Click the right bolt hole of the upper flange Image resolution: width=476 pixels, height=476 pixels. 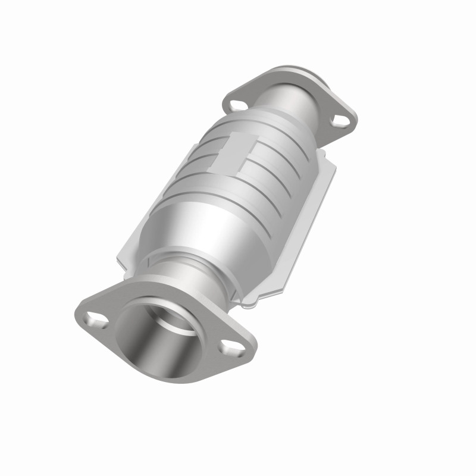coord(340,121)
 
